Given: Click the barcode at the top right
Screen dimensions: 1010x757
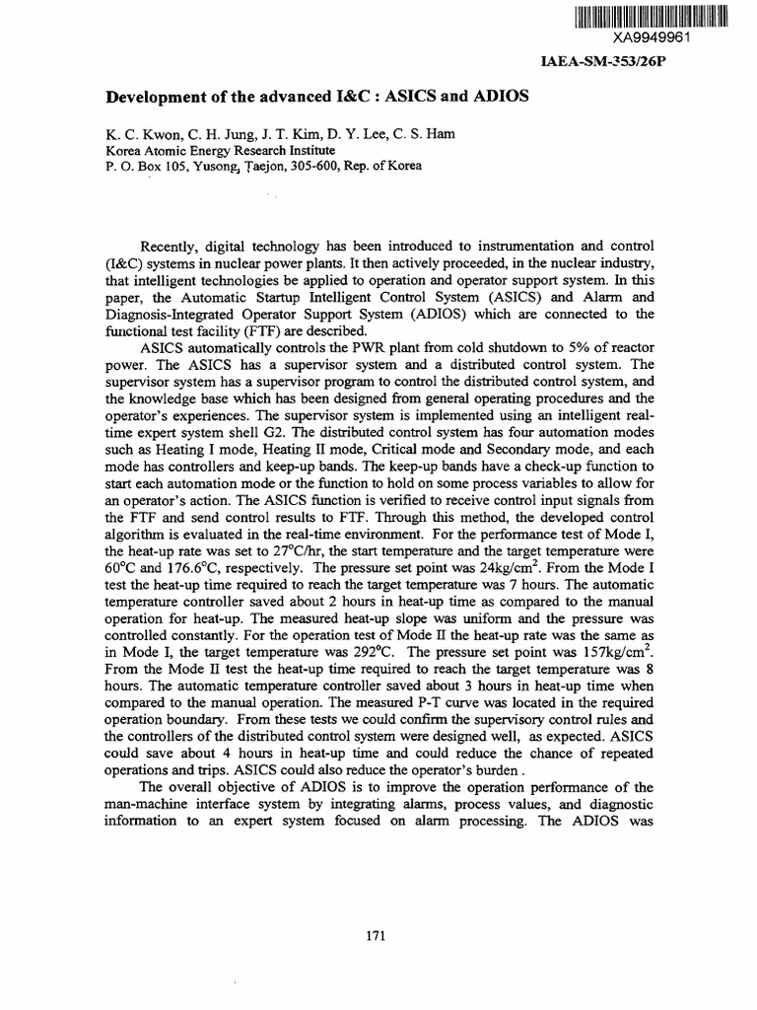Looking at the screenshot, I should tap(650, 16).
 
